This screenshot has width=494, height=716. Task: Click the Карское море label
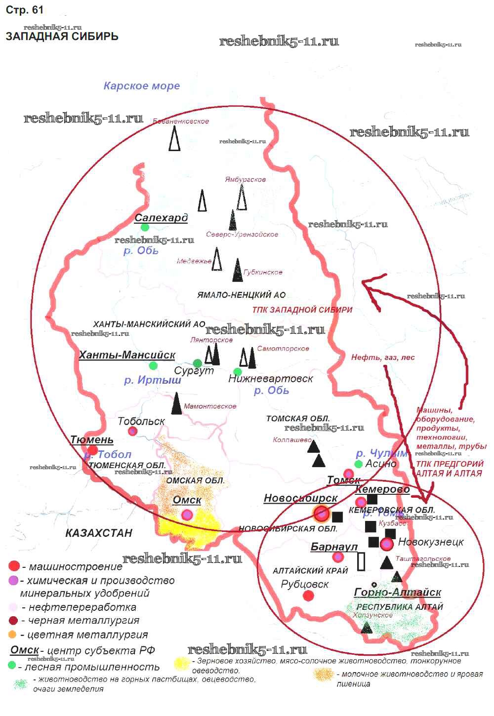coord(142,86)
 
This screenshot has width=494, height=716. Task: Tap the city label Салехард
coord(161,218)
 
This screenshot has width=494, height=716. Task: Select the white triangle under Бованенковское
coord(174,139)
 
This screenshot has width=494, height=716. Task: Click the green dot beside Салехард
coord(145,227)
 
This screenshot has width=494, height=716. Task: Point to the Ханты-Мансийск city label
coord(127,355)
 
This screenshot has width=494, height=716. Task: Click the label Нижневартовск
coord(271,379)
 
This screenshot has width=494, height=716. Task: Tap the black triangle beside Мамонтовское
coord(176,403)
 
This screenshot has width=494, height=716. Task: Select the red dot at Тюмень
coord(92,450)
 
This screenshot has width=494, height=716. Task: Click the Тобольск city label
coord(141,421)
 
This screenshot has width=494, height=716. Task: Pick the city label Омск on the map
coord(187,500)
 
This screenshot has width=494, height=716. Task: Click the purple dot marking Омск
coord(187,515)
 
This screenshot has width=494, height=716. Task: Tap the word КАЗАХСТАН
coord(99,533)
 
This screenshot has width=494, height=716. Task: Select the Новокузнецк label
coord(431,542)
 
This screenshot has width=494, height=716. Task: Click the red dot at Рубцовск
coord(308,596)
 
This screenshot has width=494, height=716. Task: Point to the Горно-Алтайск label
coord(398,592)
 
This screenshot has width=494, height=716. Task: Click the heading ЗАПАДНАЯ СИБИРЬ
coord(62,36)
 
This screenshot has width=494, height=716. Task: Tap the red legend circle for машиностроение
coord(14,566)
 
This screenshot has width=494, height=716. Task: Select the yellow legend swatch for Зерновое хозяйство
coord(182,663)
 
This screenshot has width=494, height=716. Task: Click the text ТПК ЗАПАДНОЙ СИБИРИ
coord(302,310)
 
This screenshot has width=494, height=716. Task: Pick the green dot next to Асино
coord(359,464)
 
